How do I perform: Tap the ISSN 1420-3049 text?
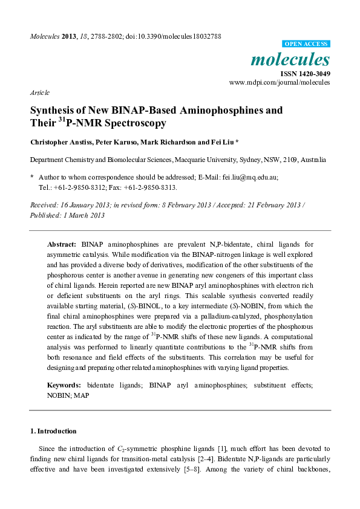click(x=305, y=74)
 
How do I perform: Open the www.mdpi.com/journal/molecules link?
click(x=280, y=82)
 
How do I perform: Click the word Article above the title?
click(x=39, y=92)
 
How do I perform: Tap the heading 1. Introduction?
click(x=53, y=431)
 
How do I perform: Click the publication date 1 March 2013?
click(x=87, y=215)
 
